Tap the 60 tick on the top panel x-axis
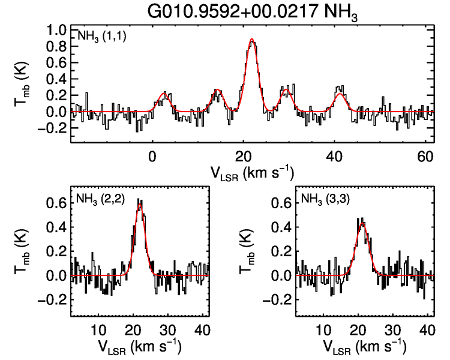[425, 156]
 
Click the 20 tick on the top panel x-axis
[243, 156]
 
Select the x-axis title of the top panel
[251, 173]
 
